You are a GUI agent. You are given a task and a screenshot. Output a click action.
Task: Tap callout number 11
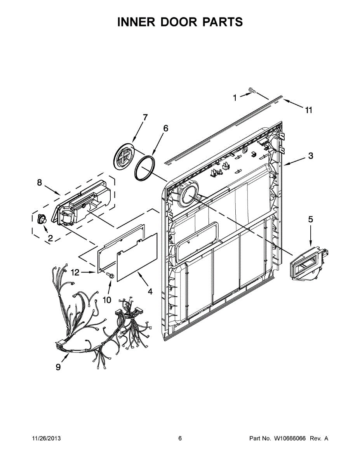point(308,110)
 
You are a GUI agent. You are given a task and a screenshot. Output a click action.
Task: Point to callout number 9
point(58,367)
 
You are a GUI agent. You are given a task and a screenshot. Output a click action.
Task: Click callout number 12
point(75,273)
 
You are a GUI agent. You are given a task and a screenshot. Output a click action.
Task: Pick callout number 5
point(310,219)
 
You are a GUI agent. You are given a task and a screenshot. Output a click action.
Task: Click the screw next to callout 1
point(252,91)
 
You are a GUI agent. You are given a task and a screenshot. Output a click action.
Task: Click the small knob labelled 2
point(41,219)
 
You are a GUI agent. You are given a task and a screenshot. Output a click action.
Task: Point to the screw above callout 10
point(110,276)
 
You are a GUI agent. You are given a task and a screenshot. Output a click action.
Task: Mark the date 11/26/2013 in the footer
point(46,438)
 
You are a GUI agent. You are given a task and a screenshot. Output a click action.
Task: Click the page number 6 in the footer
point(180,438)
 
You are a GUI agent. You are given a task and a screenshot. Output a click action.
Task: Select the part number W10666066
point(290,438)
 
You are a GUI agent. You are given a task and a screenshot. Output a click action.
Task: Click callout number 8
point(39,183)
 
